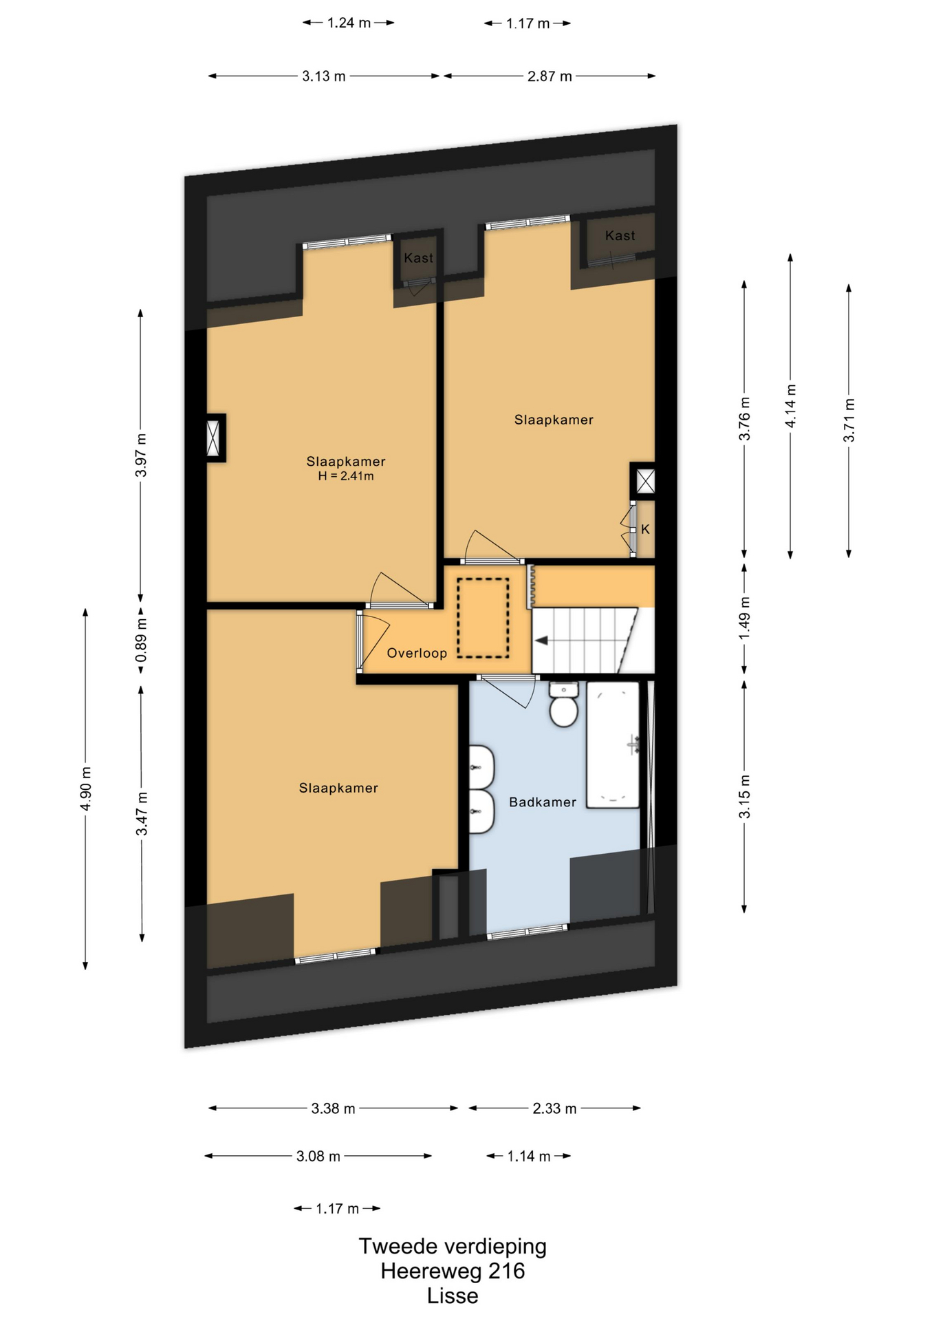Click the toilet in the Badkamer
click(x=564, y=704)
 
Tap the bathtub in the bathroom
click(x=613, y=744)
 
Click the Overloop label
click(x=417, y=653)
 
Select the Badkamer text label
click(x=543, y=802)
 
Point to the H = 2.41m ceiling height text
click(x=346, y=476)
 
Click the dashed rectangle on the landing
click(x=484, y=618)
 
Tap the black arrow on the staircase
click(x=541, y=641)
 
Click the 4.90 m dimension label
click(x=86, y=788)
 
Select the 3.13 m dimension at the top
click(x=324, y=76)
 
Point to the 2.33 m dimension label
click(x=554, y=1108)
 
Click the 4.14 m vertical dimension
click(x=791, y=406)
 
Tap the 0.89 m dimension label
click(x=141, y=639)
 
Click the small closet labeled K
click(x=645, y=529)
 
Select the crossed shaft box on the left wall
click(x=215, y=438)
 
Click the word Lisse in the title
click(x=453, y=1296)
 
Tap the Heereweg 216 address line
click(x=453, y=1271)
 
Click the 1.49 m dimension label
click(x=745, y=618)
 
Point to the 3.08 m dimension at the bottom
click(x=318, y=1157)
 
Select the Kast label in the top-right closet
click(x=620, y=235)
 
